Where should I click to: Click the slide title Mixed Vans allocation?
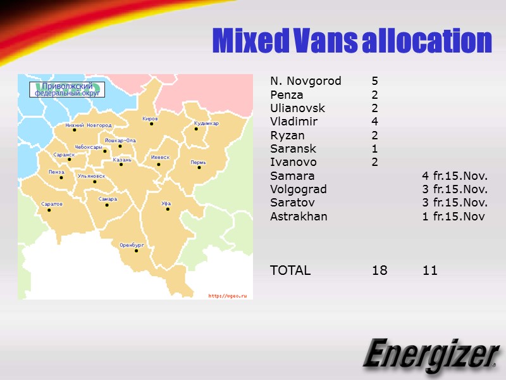[x=352, y=41]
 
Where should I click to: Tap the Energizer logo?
[x=429, y=355]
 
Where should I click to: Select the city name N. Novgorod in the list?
[x=305, y=81]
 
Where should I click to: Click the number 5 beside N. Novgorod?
[x=374, y=81]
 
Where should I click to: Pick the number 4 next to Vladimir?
[x=374, y=122]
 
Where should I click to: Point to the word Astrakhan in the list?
[x=299, y=217]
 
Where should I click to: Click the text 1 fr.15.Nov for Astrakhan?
[x=454, y=217]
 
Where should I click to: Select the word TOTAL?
[x=290, y=270]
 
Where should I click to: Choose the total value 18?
[x=379, y=270]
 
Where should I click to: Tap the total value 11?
[x=430, y=270]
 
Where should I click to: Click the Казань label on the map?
[x=122, y=160]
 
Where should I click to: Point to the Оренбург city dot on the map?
[x=136, y=251]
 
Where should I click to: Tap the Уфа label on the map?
[x=166, y=203]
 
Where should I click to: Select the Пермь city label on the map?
[x=198, y=162]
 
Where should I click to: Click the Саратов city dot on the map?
[x=49, y=210]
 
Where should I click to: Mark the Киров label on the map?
[x=151, y=118]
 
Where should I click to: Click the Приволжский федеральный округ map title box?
[x=67, y=89]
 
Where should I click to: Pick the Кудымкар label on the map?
[x=206, y=123]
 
